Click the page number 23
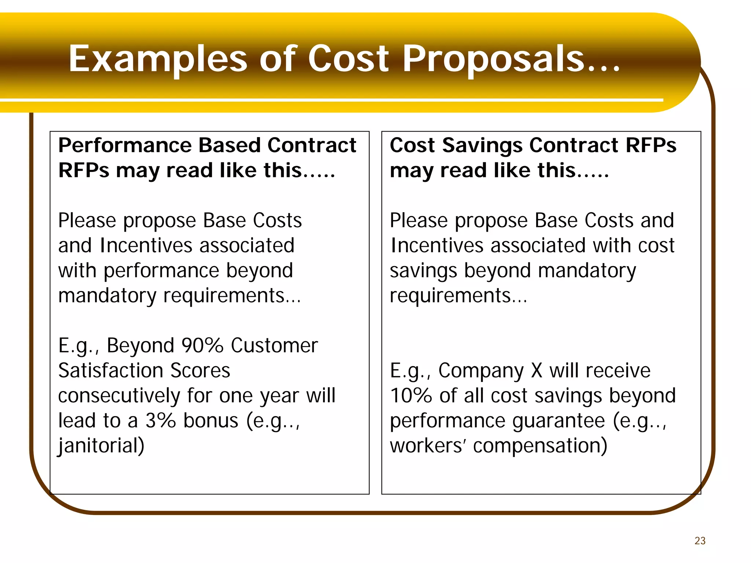coord(700,541)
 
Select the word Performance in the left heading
coord(125,146)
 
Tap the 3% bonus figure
coord(161,420)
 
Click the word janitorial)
coord(101,446)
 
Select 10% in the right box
coord(411,396)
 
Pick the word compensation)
coord(540,446)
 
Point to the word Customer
coord(274,345)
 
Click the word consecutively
coord(119,396)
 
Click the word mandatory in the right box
coord(587,271)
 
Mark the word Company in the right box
coord(481,371)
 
